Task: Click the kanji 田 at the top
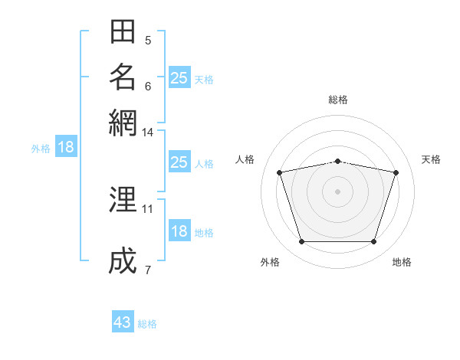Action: (x=123, y=31)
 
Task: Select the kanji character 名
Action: (x=123, y=77)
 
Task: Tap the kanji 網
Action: (x=123, y=123)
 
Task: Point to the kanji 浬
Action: (x=123, y=199)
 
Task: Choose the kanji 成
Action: (x=123, y=260)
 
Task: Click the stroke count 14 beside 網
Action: (x=147, y=133)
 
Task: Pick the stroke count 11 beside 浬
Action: (x=147, y=209)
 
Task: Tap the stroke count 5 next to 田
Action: (x=148, y=41)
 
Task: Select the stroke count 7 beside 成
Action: (x=148, y=270)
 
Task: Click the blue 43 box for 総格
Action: (x=123, y=321)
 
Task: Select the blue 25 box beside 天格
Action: (x=179, y=77)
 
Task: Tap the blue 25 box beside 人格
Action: (x=179, y=162)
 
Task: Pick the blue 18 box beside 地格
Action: (x=179, y=230)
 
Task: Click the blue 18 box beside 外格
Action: (x=66, y=146)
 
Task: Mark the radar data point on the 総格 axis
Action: (x=337, y=162)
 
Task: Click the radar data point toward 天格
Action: (x=396, y=172)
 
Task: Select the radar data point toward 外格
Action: (x=302, y=241)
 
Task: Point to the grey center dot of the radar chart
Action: (x=337, y=191)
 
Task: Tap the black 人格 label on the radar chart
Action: (x=245, y=159)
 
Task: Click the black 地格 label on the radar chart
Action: (x=402, y=262)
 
